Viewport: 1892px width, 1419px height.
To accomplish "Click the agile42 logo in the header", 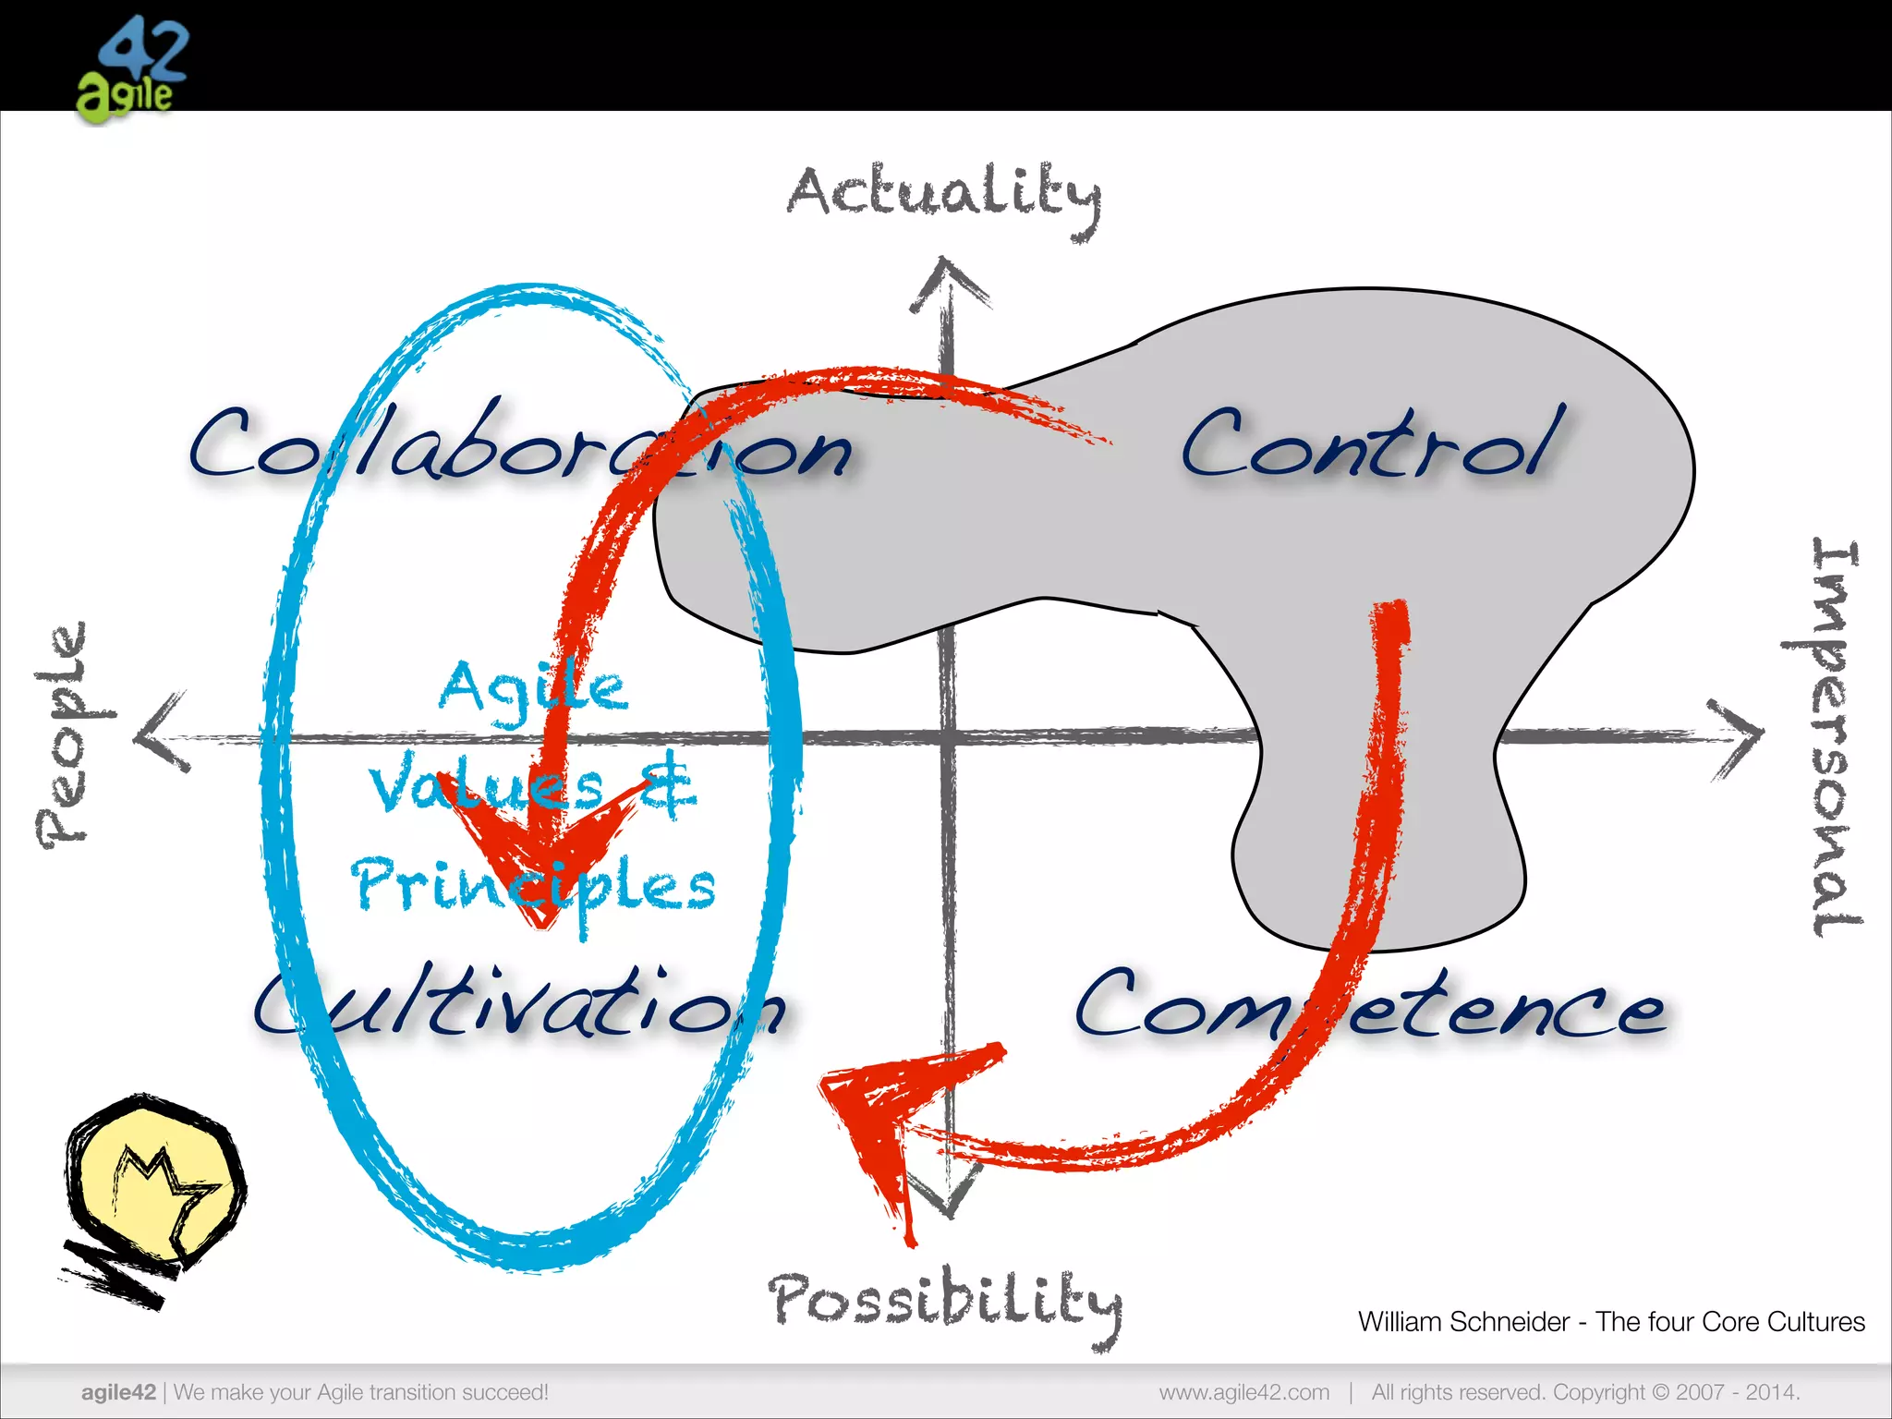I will [x=131, y=68].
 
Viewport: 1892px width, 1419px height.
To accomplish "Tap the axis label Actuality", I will [x=944, y=196].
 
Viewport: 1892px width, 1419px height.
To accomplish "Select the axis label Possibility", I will [x=944, y=1303].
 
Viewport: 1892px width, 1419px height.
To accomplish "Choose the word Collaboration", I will [x=519, y=446].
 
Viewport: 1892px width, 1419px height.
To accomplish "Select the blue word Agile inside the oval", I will [x=533, y=688].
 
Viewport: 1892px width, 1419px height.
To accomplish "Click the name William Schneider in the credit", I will [x=1463, y=1322].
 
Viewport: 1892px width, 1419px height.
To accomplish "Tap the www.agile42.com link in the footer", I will [x=1243, y=1392].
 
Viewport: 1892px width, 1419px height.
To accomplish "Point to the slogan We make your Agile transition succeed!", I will [x=361, y=1392].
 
